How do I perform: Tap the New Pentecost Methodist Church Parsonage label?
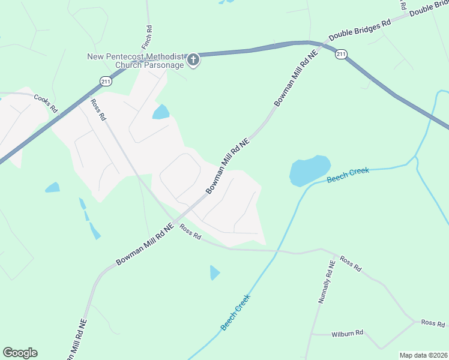(136, 61)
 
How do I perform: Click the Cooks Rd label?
(45, 103)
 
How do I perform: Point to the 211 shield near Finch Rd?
(106, 80)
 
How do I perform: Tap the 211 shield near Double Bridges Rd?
(341, 54)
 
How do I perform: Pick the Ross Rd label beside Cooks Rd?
(97, 110)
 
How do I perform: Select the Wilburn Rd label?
(347, 332)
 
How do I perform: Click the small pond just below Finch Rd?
(161, 112)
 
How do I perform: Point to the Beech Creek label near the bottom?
(235, 312)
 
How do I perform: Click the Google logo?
(20, 353)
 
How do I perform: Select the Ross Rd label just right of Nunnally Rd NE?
(349, 263)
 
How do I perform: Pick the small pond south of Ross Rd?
(214, 272)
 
